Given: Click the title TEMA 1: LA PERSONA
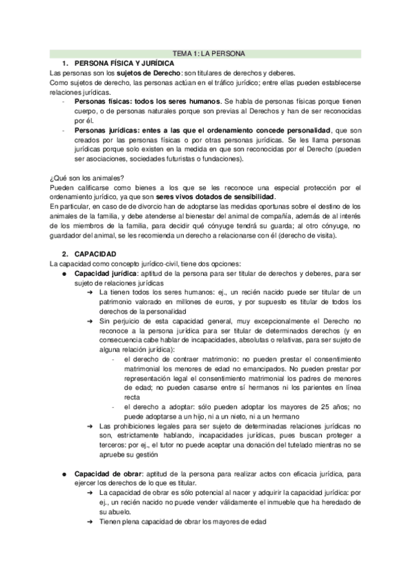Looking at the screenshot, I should [x=205, y=53].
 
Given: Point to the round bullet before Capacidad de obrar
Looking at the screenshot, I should [x=64, y=473].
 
